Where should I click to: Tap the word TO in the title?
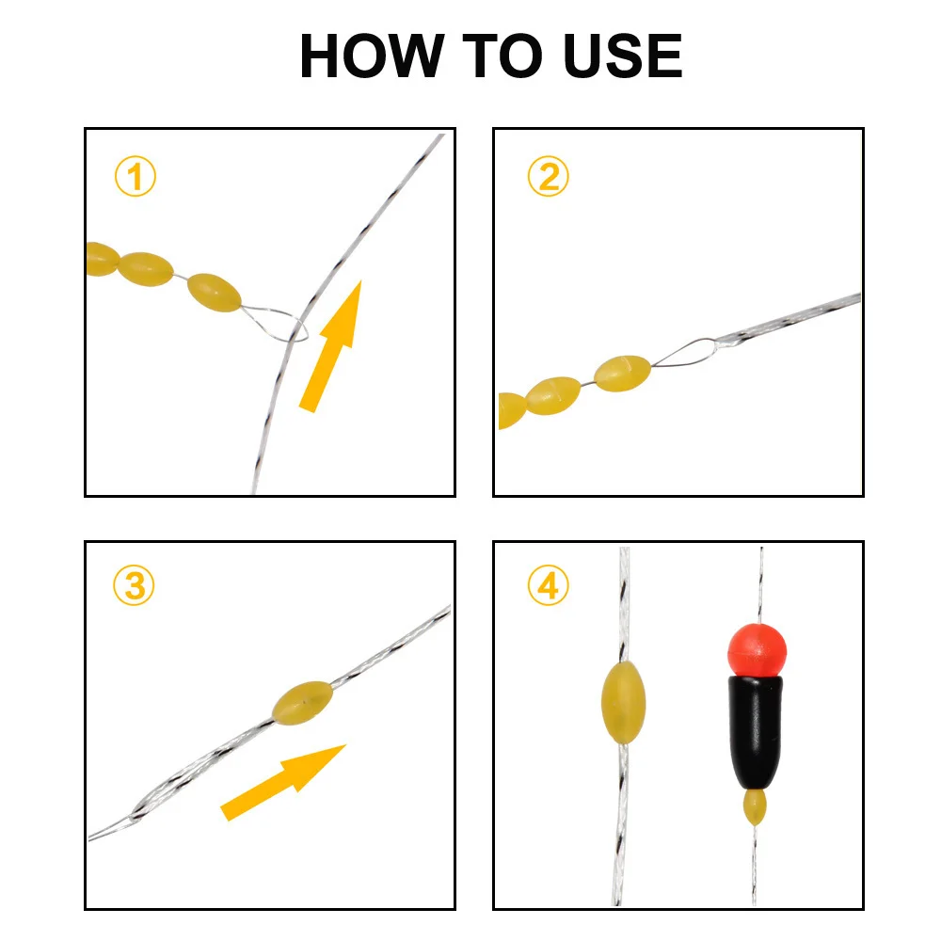502,56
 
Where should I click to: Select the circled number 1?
135,177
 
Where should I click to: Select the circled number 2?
548,177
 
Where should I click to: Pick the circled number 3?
134,585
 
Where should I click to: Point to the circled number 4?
548,585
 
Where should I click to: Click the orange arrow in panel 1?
331,346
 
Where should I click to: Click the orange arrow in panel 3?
283,782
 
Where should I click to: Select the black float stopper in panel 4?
756,732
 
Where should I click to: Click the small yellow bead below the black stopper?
755,807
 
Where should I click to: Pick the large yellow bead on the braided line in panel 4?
623,702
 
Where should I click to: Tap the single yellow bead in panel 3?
302,703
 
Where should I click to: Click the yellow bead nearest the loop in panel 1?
215,293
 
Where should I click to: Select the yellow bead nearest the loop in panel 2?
622,374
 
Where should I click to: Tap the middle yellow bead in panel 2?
553,396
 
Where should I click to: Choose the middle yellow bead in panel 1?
145,269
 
